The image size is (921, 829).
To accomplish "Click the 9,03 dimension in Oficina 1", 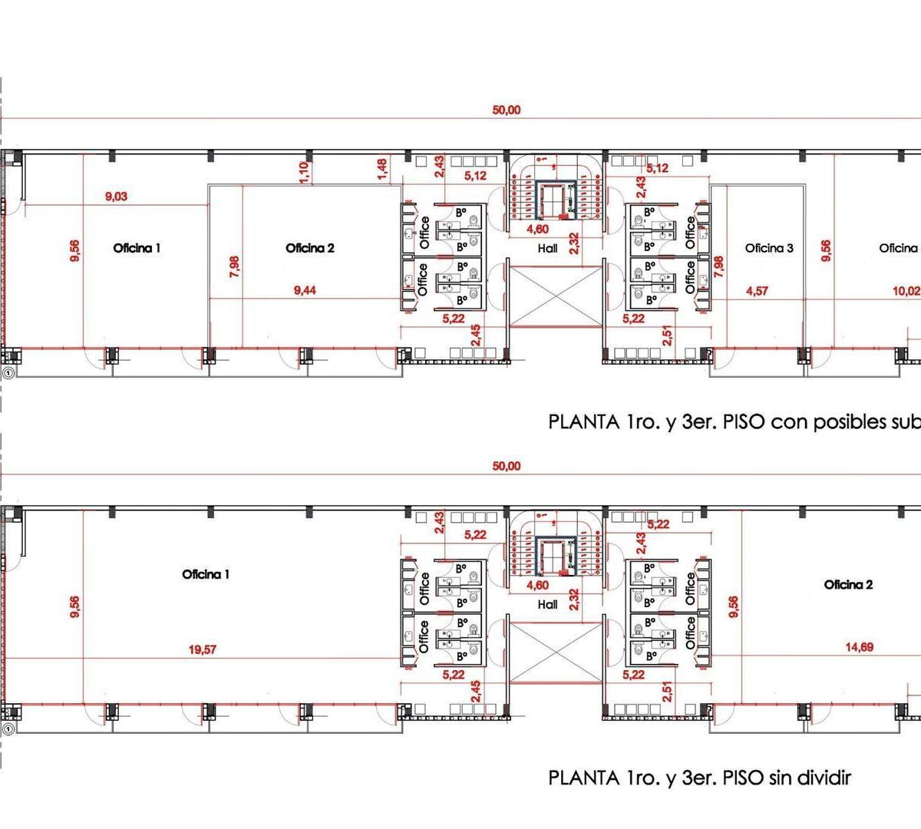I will (116, 197).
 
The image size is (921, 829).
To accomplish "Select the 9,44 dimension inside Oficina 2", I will (305, 290).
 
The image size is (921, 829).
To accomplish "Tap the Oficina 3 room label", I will (769, 248).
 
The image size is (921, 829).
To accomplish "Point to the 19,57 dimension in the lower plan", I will (203, 649).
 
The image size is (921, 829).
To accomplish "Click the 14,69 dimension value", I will (859, 647).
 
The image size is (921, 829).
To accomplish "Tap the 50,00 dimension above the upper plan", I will (506, 110).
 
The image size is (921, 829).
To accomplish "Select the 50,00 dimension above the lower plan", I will (506, 466).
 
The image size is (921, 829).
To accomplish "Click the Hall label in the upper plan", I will (547, 248).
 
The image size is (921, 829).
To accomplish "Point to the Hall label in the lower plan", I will (547, 604).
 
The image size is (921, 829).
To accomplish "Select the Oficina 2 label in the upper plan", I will (310, 248).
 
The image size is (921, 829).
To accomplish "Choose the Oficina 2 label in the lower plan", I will (848, 585).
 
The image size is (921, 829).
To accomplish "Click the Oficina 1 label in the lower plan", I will (206, 574).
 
